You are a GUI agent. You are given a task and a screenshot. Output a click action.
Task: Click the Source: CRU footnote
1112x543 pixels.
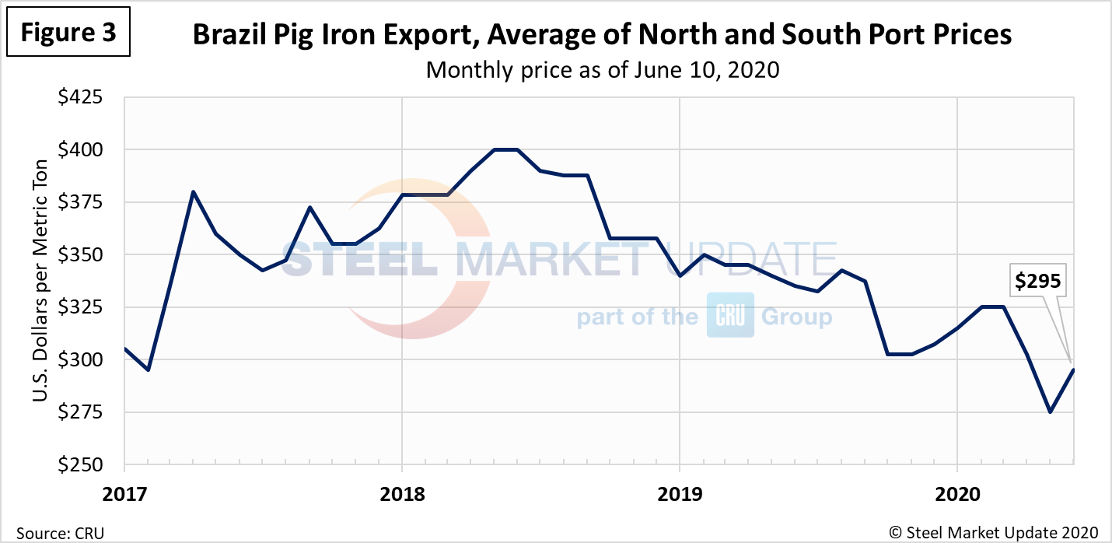(x=54, y=532)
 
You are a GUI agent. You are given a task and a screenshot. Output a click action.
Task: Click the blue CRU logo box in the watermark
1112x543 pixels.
(x=729, y=315)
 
